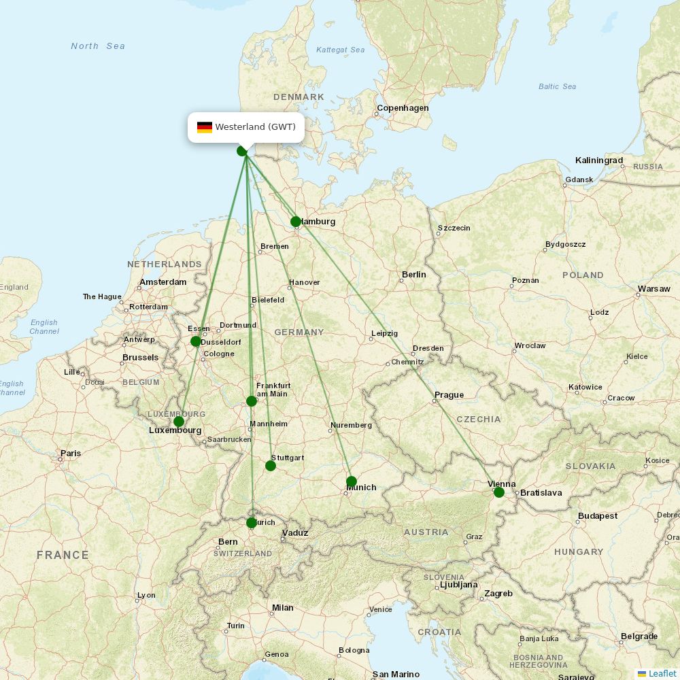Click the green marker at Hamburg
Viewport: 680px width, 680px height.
click(296, 222)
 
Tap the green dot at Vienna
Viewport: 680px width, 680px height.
click(499, 492)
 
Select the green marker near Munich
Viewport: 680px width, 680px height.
click(352, 481)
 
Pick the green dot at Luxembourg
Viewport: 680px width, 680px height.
click(179, 422)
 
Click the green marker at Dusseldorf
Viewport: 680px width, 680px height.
click(196, 341)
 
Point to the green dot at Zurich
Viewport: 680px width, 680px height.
click(252, 523)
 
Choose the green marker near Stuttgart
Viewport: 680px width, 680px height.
click(271, 466)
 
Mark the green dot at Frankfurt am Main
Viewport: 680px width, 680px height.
click(252, 401)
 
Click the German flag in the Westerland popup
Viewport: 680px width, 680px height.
click(205, 127)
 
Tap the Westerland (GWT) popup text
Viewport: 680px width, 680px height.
click(255, 127)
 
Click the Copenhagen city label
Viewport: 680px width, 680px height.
click(403, 108)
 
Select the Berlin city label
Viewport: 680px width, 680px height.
click(413, 275)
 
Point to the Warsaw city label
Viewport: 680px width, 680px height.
click(653, 289)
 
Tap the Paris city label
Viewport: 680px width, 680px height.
click(71, 454)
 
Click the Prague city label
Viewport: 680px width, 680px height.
click(449, 395)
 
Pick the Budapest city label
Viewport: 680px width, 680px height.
click(598, 516)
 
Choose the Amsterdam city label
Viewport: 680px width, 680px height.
click(163, 282)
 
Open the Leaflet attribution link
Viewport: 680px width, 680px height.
click(662, 673)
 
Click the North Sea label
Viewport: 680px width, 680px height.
click(98, 46)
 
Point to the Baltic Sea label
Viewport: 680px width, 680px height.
click(557, 86)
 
